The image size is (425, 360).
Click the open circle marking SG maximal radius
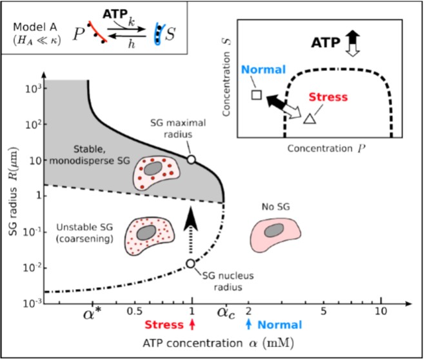click(192, 159)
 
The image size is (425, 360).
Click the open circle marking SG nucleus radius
click(191, 263)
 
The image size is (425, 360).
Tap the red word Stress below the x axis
click(164, 325)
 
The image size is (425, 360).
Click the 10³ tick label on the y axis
click(33, 87)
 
